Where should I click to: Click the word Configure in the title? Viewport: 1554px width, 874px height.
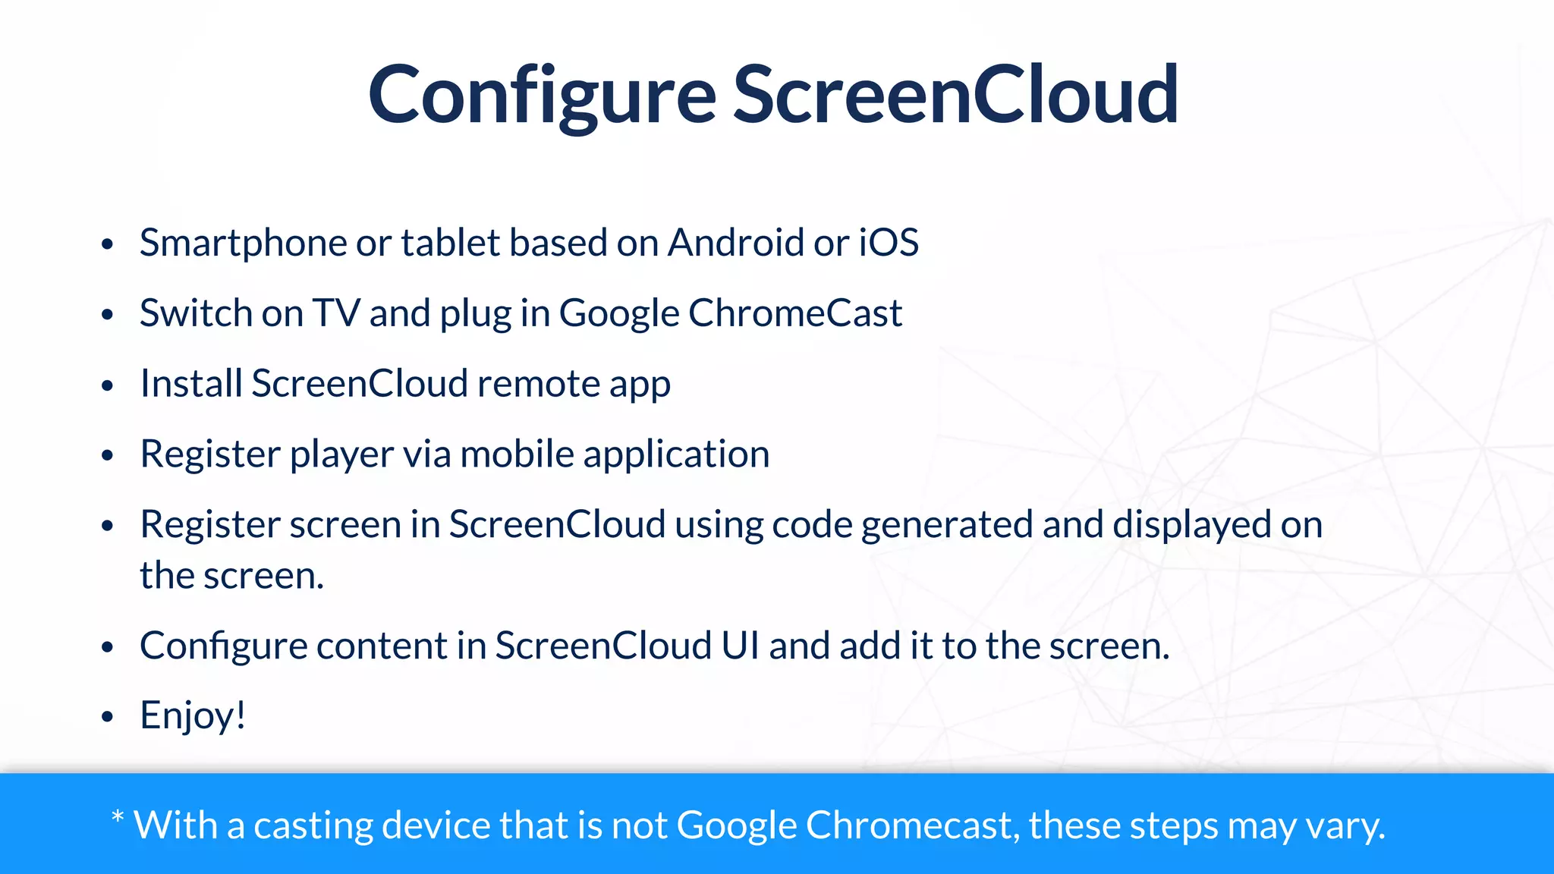coord(542,96)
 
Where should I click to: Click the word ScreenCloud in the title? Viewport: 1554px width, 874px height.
coord(955,96)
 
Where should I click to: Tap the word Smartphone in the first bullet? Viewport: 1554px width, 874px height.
coord(243,244)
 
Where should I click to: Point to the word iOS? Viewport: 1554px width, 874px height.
coord(889,244)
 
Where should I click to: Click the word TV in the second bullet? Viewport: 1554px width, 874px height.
coord(336,313)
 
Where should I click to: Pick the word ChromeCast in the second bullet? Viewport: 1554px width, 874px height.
coord(795,313)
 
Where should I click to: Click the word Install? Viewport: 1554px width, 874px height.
coord(191,384)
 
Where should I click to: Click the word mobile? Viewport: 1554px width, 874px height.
coord(517,454)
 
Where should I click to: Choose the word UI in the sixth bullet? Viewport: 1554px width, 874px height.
coord(740,646)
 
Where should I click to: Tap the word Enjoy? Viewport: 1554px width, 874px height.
coord(193,716)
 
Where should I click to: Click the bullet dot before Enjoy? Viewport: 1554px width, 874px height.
coord(107,716)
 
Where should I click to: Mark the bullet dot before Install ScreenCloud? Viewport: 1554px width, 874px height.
coord(107,385)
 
